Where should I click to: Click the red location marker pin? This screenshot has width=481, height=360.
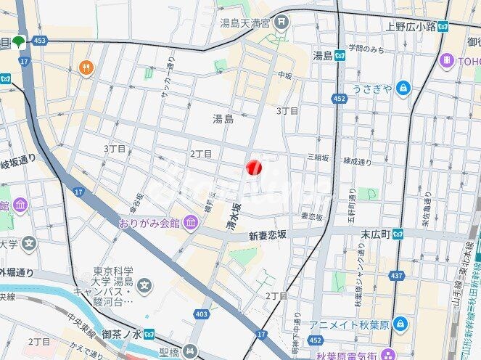pos(253,168)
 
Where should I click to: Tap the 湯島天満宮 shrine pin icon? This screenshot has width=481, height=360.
pos(281,22)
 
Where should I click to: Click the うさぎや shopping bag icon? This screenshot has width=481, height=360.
pos(403,89)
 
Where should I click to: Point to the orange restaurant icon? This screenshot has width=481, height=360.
pos(86,67)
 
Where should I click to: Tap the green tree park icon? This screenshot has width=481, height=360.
pos(17,41)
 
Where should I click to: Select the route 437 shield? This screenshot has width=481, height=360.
pos(396,276)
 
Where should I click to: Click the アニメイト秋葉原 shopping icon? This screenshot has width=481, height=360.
pos(400,324)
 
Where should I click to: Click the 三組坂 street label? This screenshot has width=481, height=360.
pos(318,157)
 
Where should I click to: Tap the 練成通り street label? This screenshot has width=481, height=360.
pos(357,161)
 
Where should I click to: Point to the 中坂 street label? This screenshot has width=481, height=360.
pos(284,74)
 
